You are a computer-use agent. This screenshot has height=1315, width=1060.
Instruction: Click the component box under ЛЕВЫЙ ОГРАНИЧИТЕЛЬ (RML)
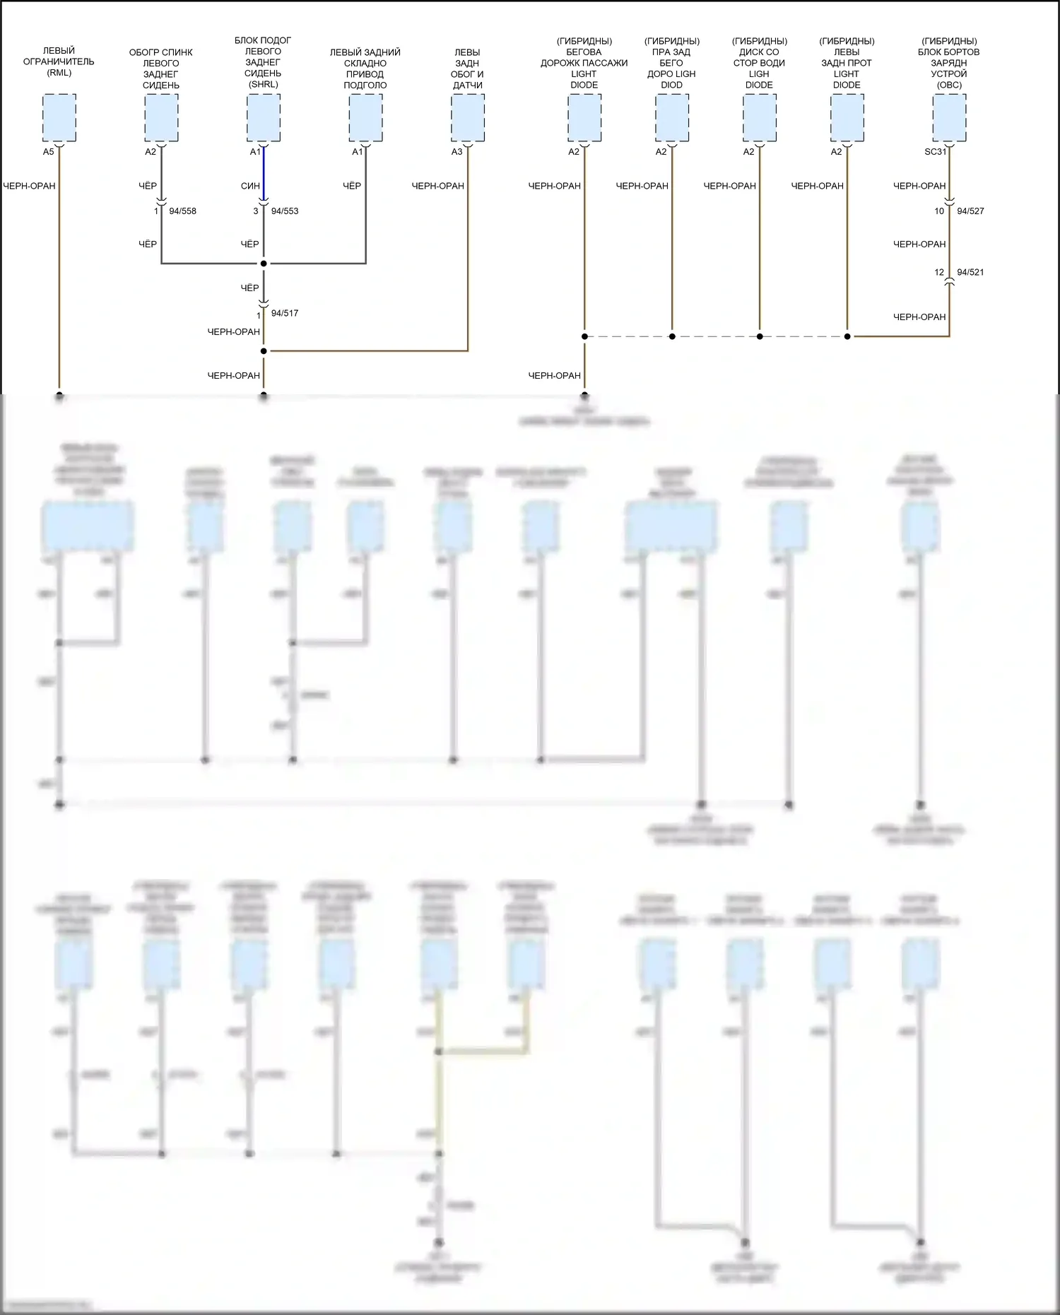click(59, 118)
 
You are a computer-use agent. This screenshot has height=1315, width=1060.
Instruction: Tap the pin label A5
click(48, 152)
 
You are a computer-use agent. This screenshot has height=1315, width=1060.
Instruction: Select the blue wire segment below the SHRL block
click(264, 173)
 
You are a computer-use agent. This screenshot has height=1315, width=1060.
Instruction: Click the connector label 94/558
click(182, 211)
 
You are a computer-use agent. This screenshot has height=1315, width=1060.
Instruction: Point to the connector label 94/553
click(285, 211)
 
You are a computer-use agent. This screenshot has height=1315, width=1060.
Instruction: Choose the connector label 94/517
click(285, 313)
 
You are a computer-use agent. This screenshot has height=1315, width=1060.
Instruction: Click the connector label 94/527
click(970, 211)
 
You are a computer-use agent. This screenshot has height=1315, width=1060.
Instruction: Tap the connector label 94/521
click(970, 272)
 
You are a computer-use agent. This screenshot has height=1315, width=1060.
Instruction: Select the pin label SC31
click(935, 152)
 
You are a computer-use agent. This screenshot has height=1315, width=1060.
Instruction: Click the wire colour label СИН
click(250, 187)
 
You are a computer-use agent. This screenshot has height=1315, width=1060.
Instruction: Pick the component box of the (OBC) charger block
click(949, 118)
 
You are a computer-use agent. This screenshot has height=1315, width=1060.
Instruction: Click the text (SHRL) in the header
click(263, 84)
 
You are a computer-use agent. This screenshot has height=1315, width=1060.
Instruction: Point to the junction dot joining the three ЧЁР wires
click(264, 264)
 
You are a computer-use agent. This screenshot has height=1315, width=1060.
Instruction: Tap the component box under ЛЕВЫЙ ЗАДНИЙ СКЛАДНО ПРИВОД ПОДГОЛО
click(365, 118)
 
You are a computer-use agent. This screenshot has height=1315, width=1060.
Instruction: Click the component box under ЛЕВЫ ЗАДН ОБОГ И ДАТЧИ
click(468, 118)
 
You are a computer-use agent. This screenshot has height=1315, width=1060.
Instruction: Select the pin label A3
click(457, 152)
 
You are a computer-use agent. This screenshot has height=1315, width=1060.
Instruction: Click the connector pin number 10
click(939, 211)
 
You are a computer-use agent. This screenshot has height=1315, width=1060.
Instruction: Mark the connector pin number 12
click(939, 272)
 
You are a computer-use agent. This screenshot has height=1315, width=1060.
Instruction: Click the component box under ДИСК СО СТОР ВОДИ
click(760, 118)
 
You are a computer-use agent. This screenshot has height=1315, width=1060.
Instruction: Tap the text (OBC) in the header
click(949, 85)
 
